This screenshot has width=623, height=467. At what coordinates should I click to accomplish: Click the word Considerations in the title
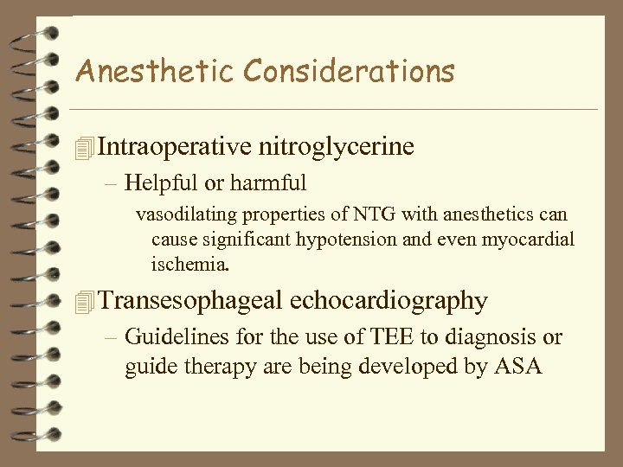pyautogui.click(x=331, y=71)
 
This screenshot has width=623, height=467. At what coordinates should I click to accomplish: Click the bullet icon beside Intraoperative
pyautogui.click(x=83, y=148)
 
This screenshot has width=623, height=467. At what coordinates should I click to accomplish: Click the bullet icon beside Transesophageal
pyautogui.click(x=83, y=302)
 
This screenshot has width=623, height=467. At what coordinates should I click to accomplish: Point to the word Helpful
pyautogui.click(x=157, y=182)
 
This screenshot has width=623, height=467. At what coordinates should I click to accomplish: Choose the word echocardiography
pyautogui.click(x=389, y=300)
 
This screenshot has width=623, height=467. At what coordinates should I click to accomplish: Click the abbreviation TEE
pyautogui.click(x=367, y=336)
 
